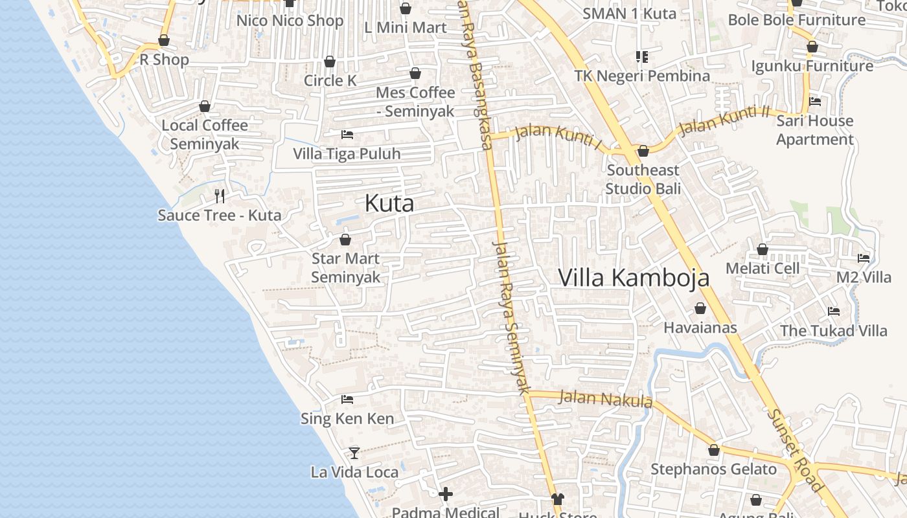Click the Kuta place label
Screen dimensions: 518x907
point(389,203)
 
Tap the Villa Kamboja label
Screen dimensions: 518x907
point(634,278)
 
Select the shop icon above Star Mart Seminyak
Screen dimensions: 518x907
point(345,240)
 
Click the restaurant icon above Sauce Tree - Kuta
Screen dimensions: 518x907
point(220,196)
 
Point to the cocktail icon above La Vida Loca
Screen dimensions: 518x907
point(354,453)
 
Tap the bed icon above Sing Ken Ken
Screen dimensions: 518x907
point(347,400)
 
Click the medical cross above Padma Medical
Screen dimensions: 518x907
point(446,495)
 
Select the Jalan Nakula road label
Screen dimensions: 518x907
point(605,398)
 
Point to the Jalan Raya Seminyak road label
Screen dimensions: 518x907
point(511,317)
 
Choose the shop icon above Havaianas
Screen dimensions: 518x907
point(700,308)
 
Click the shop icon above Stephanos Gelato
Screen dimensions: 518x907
point(714,450)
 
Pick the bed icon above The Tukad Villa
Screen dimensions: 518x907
point(834,311)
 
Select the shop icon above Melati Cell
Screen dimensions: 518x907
point(763,249)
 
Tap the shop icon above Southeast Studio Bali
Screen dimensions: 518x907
point(643,151)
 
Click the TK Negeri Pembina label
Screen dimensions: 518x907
point(642,76)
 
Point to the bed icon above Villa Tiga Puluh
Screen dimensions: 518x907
point(347,135)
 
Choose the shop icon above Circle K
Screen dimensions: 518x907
point(330,62)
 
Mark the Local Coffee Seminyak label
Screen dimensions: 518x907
point(205,134)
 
